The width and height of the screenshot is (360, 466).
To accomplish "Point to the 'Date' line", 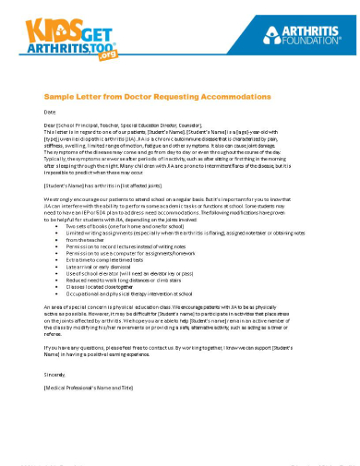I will (x=51, y=111).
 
